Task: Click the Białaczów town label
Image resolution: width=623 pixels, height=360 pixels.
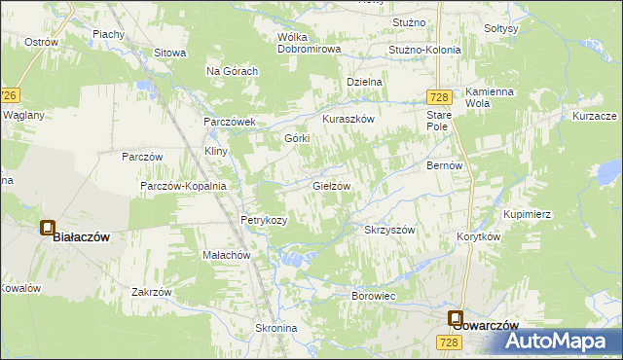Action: coord(81,236)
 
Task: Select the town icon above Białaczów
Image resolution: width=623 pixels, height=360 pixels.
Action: coord(47,228)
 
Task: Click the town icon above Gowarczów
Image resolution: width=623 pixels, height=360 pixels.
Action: coord(455,317)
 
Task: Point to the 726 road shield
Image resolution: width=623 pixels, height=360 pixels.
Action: coord(10,95)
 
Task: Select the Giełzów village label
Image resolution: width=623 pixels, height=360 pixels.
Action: coord(331,185)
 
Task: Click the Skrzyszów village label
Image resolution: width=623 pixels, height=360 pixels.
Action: coord(389,231)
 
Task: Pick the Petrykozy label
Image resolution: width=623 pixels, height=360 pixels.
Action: coord(264,220)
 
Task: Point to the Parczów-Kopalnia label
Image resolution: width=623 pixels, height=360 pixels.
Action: coord(183,186)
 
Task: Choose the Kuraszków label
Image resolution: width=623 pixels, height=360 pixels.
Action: coord(348,119)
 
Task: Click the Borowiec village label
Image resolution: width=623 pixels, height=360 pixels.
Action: coord(377,294)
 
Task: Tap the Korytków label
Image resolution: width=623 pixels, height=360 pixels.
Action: coord(478,236)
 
